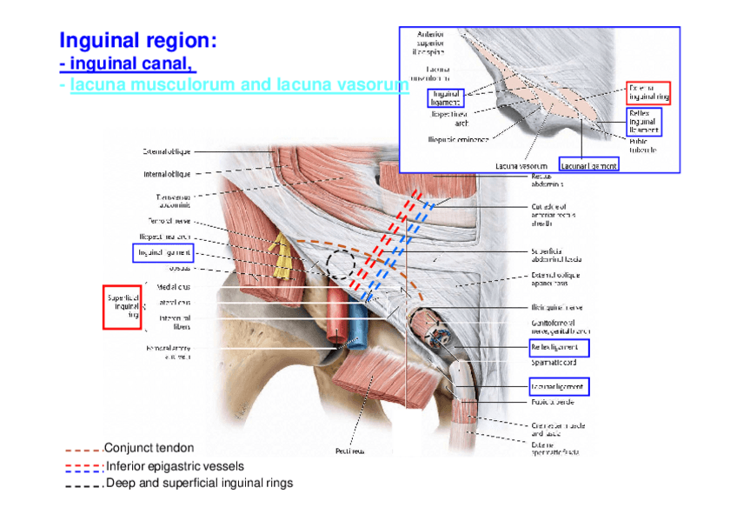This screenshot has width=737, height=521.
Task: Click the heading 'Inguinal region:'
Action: [137, 41]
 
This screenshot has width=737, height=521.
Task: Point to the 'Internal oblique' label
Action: [167, 174]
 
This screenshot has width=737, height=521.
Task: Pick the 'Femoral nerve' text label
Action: [168, 221]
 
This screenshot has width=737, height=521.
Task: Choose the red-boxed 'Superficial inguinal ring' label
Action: [123, 307]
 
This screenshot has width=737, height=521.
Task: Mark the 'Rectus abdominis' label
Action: [548, 179]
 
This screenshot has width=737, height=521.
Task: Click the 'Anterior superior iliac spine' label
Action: [430, 42]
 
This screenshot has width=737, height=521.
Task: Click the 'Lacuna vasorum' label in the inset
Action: [521, 165]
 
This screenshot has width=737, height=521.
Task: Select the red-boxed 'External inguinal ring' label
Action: [648, 92]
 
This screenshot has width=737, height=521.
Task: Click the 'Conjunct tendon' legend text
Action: [143, 448]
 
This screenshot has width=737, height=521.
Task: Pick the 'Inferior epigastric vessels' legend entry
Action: [175, 465]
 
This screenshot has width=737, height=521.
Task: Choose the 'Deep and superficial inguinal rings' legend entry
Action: [199, 482]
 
